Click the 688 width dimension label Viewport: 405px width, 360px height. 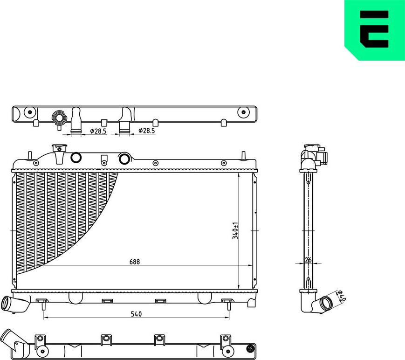[135, 262]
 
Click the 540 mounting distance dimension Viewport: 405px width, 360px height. [136, 314]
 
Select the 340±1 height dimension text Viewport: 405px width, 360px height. [235, 231]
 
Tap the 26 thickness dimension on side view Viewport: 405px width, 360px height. [308, 260]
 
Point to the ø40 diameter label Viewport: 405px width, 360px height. [341, 296]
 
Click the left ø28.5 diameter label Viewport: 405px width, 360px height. [98, 132]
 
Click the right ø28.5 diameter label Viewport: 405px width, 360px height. [147, 131]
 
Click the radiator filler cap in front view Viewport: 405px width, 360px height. [59, 148]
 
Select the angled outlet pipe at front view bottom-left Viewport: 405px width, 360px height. [15, 304]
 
